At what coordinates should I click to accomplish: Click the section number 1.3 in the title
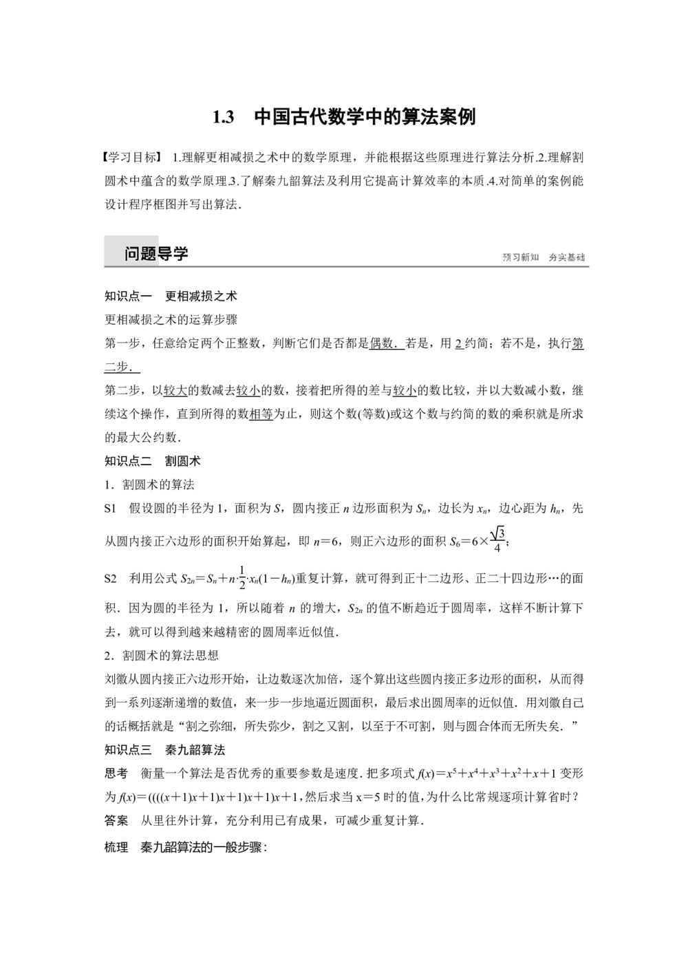coord(224,117)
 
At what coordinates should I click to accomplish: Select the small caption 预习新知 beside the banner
coord(521,257)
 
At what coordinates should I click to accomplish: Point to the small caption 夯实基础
coord(567,257)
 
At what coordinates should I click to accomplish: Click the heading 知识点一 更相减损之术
coord(171,296)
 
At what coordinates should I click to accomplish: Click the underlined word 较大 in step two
coord(176,391)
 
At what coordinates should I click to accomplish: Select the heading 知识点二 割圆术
coord(152,461)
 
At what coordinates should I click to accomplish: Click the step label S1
coord(111,509)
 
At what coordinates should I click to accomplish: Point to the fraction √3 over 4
coord(498,539)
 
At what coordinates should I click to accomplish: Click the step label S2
coord(111,579)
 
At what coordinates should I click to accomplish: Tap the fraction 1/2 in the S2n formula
coord(241,578)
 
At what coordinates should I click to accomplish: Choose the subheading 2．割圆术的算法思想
coord(161,655)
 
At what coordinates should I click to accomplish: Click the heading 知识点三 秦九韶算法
coord(165,750)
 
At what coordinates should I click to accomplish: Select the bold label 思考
coord(116,773)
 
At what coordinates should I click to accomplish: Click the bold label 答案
coord(116,820)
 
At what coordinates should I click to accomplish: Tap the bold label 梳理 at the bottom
coord(116,848)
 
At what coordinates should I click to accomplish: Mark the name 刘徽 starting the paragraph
coord(116,679)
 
